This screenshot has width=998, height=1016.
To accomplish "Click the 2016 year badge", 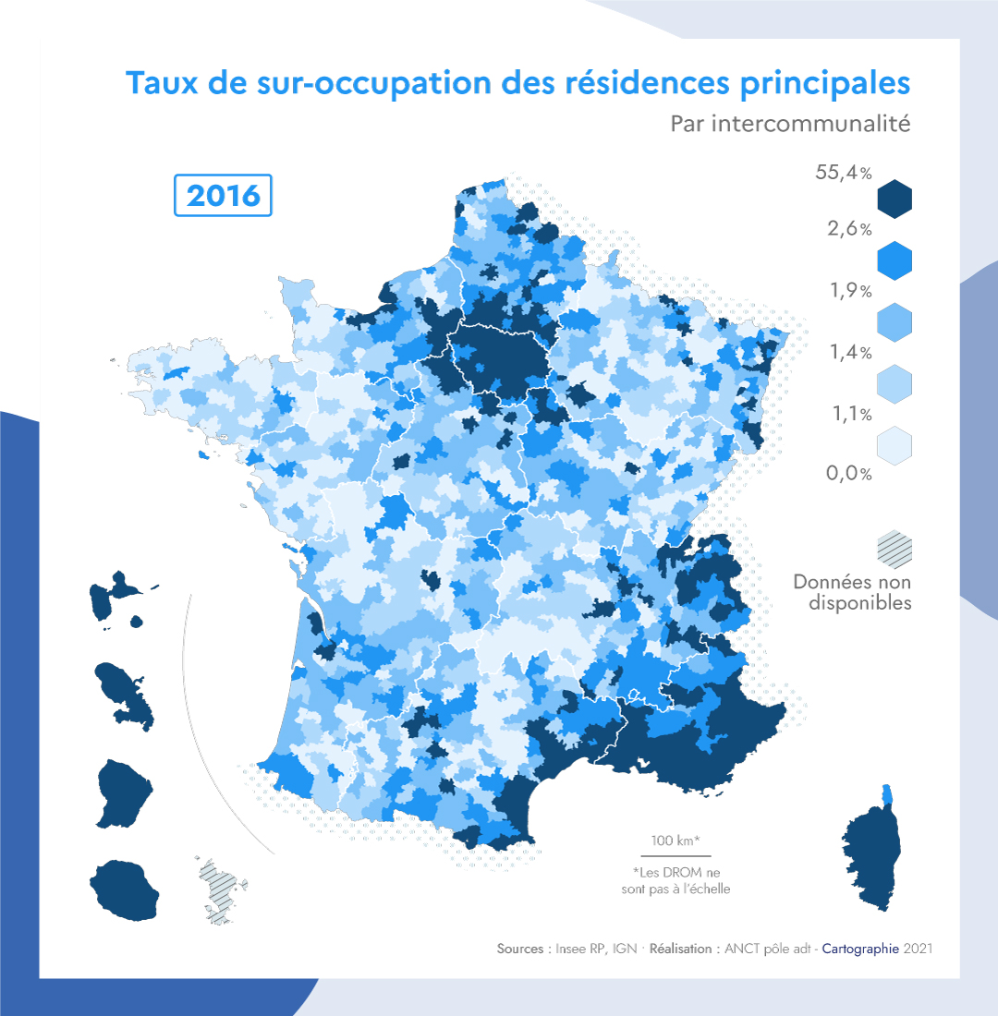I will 224,195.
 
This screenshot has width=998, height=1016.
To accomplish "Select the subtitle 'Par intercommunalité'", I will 790,124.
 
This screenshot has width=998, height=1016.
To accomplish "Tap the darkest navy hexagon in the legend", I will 895,198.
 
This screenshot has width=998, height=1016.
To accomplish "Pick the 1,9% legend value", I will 851,291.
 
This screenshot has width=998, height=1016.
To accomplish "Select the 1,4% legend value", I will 851,352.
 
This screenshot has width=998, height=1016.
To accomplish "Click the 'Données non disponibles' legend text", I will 852,592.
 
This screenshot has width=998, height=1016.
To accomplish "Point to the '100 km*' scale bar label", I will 674,841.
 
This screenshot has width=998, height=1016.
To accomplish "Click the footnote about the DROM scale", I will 675,880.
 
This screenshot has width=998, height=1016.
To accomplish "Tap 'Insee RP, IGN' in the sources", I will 592,949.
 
